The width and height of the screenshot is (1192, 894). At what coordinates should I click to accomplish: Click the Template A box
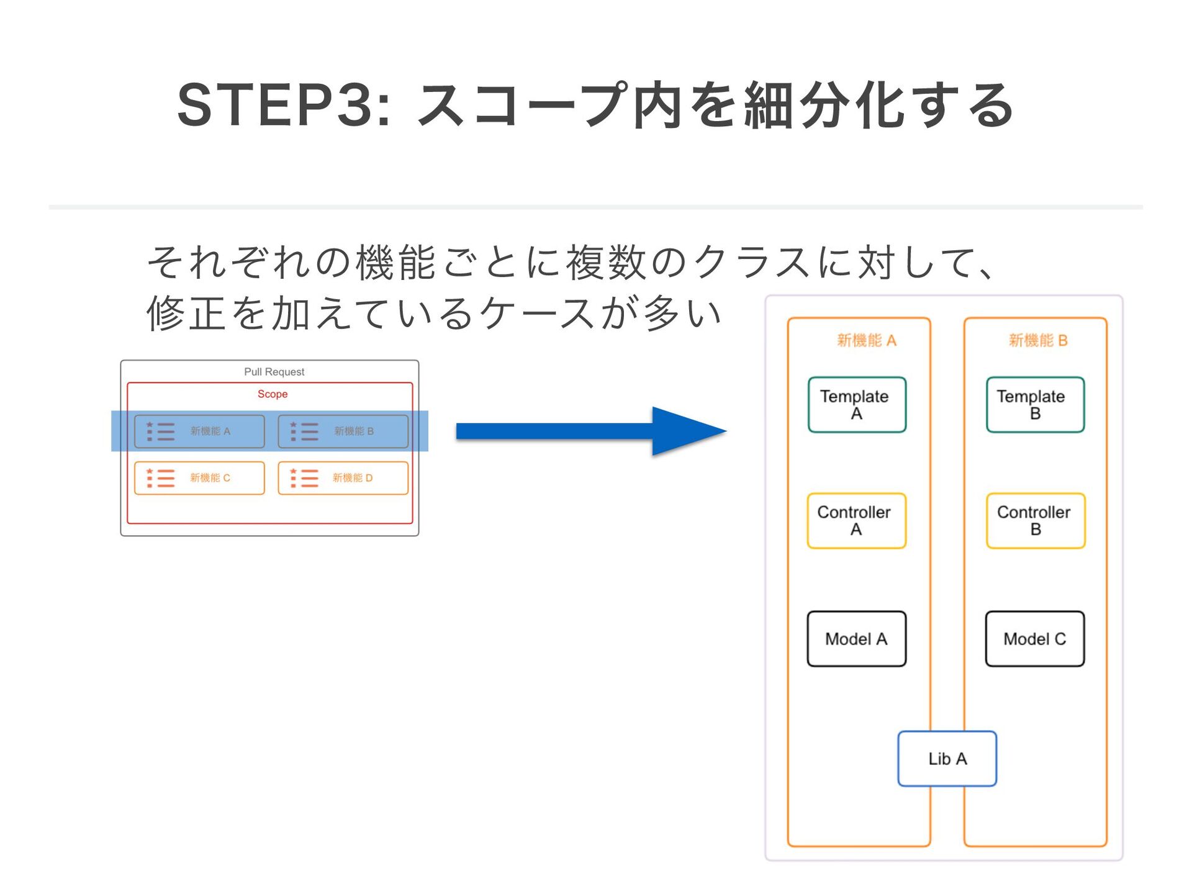click(x=857, y=405)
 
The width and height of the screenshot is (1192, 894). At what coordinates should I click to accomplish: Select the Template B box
click(x=1035, y=405)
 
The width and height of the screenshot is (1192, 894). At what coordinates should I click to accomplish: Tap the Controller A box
click(x=857, y=521)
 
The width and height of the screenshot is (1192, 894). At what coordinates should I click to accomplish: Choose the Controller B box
click(x=1036, y=521)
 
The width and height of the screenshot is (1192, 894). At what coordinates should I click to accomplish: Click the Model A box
click(x=857, y=639)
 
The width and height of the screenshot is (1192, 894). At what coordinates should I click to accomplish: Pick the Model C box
click(x=1035, y=639)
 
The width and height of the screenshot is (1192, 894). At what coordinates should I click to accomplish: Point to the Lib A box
click(x=947, y=759)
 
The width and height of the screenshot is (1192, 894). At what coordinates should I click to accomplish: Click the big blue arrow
click(x=591, y=431)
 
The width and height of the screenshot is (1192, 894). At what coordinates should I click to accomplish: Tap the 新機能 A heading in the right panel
click(x=867, y=340)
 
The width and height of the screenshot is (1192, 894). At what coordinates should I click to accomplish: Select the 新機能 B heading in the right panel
click(x=1038, y=340)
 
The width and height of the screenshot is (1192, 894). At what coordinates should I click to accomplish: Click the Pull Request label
click(x=274, y=372)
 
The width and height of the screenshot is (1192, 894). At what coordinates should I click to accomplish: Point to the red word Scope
click(x=273, y=394)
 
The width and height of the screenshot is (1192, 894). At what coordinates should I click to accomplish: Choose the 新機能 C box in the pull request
click(x=199, y=478)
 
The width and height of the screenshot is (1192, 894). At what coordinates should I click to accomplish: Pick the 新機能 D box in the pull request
click(x=343, y=478)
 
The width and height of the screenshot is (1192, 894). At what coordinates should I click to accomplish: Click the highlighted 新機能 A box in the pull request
click(x=199, y=431)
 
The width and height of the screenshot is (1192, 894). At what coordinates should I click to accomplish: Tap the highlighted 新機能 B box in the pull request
click(x=343, y=431)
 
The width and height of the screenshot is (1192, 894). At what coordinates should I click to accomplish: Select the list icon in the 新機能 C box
click(x=160, y=478)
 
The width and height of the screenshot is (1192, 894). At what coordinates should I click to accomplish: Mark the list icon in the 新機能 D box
click(x=304, y=478)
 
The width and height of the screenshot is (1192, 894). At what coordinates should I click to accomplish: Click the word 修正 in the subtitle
click(x=186, y=313)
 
